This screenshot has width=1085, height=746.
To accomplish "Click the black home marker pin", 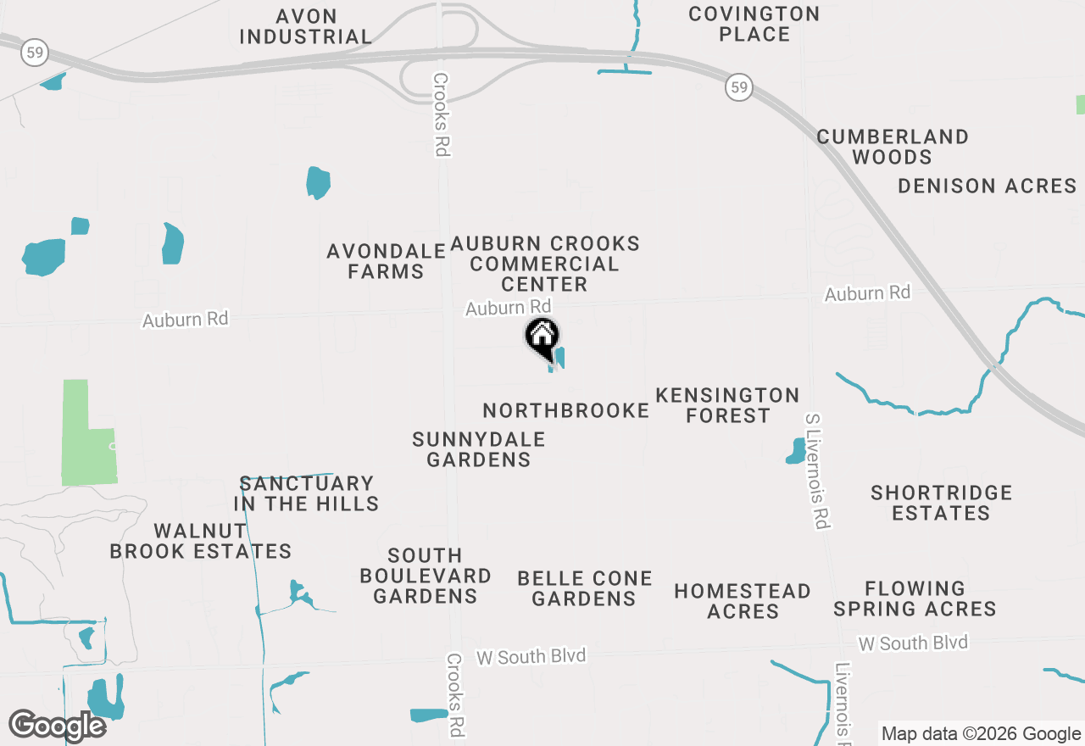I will coord(542,337).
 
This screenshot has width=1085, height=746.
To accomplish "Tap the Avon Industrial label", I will coord(305,26).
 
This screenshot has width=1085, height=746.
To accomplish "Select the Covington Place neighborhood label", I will coord(754,24).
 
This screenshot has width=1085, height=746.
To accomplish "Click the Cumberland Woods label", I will coord(893,147).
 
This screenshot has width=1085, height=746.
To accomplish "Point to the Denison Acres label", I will coord(987,186).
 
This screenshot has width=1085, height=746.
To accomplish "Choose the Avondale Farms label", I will coord(387,261).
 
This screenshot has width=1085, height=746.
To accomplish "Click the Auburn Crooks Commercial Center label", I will coord(544,264).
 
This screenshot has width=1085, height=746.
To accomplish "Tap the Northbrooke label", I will coord(565,411).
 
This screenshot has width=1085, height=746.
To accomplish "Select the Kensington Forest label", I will coord(727,405).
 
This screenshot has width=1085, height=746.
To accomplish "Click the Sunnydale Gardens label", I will coord(478,449).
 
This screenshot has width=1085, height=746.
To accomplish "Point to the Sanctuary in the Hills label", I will coord(307,493).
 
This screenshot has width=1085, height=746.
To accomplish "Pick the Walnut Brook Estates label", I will coord(201,541).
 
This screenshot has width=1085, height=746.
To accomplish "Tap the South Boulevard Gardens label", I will coord(425,576).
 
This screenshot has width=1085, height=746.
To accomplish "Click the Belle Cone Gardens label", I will coord(584,588).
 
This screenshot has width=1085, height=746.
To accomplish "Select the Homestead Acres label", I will coord(743,601).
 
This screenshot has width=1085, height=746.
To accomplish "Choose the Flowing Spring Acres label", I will coord(915,598).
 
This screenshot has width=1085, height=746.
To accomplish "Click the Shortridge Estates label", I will coord(941,503).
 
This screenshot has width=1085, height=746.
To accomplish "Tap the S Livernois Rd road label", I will coord(816,471).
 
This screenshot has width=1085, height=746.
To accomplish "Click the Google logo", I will coord(57,726).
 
